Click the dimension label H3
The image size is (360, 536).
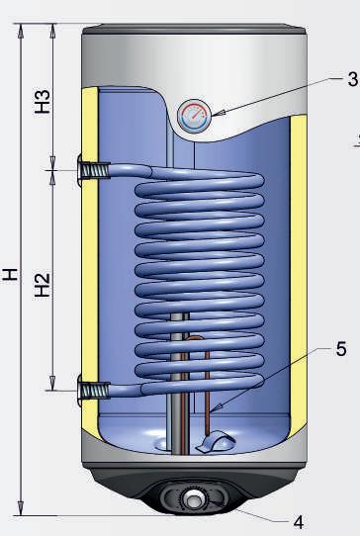(x=43, y=102)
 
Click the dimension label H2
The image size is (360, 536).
(x=43, y=285)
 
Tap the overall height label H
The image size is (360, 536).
(x=10, y=275)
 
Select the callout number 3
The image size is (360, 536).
(x=352, y=79)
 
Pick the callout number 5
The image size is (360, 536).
(x=341, y=349)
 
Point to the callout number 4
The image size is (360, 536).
(x=298, y=522)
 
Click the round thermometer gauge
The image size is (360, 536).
(x=194, y=115)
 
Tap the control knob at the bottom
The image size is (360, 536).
(x=194, y=501)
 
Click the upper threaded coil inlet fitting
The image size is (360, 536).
(x=94, y=170)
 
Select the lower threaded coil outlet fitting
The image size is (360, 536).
(x=94, y=391)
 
